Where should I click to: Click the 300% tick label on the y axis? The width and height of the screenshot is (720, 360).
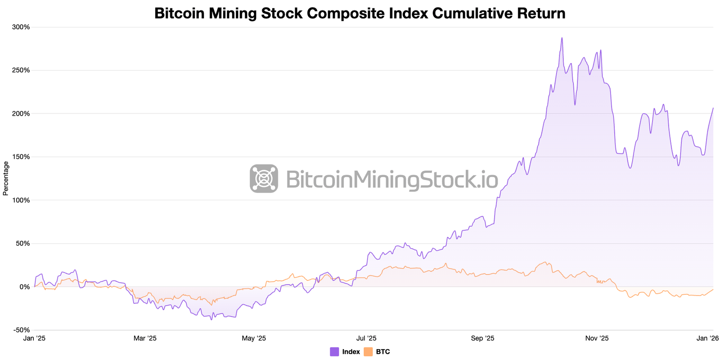pos(21,27)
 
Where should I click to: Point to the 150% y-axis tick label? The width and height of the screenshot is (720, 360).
pos(21,157)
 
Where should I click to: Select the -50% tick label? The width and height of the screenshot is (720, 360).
pos(21,330)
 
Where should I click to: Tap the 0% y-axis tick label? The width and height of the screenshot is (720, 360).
pos(25,287)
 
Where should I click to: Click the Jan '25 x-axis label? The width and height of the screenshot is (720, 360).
pos(34,338)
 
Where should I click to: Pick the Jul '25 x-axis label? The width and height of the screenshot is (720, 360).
pos(366,338)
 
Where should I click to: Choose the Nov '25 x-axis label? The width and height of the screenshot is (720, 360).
pos(597,338)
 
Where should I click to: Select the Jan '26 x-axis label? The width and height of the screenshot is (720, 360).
pos(704,338)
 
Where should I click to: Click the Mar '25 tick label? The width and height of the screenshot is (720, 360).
pos(145,338)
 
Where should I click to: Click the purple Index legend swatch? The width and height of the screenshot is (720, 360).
pos(334,352)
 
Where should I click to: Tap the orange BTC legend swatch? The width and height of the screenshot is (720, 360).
pos(368,352)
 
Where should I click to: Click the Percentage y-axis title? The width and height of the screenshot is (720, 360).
pos(6,178)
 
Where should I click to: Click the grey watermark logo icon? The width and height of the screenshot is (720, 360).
pos(264,179)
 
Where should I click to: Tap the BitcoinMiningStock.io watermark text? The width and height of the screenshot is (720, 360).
pos(391,180)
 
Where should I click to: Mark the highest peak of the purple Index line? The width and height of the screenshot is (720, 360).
pos(562,38)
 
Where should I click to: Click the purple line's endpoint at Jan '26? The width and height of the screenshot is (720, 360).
pos(713,108)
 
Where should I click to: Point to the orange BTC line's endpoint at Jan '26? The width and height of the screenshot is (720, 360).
pos(713,289)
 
